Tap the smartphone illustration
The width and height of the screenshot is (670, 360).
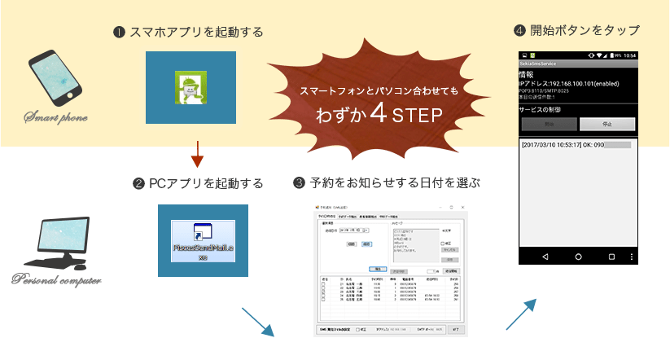(x=58, y=80)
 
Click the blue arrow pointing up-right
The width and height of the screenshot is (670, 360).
(x=522, y=314)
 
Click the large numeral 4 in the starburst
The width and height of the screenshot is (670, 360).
(x=377, y=114)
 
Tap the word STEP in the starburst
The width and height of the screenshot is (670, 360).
(x=418, y=116)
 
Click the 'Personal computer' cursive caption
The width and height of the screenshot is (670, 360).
(x=55, y=281)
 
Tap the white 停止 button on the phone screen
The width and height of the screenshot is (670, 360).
(x=607, y=125)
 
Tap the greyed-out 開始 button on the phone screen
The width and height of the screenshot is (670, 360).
(x=550, y=125)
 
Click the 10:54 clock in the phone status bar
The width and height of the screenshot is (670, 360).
(x=629, y=55)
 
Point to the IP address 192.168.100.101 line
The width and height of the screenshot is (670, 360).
(x=571, y=83)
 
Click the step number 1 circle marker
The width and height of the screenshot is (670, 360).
(x=119, y=33)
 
